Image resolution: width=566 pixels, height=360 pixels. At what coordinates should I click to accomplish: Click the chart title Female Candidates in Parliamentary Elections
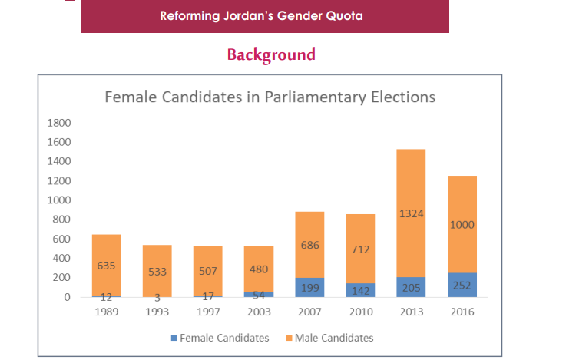click(x=270, y=97)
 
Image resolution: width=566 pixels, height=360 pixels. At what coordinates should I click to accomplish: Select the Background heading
click(x=271, y=54)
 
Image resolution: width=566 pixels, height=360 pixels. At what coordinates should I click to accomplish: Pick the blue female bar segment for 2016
click(x=462, y=285)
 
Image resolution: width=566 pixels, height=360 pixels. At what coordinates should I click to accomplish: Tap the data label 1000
click(x=462, y=225)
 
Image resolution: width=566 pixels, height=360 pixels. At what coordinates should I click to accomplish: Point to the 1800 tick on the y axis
click(x=59, y=123)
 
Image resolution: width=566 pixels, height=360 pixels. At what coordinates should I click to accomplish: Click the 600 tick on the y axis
click(x=61, y=239)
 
